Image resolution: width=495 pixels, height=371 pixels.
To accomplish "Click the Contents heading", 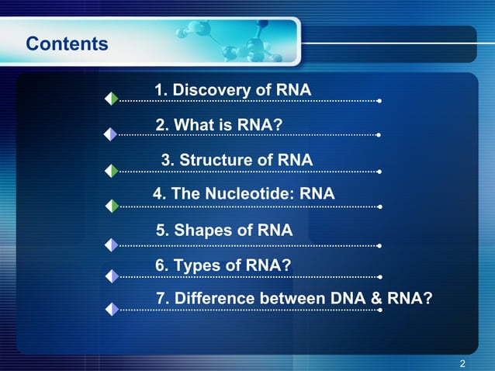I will pos(67,43).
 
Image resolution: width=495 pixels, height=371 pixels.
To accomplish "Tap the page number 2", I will pos(462,363).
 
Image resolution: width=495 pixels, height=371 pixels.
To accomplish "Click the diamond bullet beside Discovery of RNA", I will pos(112,99).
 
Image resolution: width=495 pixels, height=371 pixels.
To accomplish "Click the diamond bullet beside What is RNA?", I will pos(112,133).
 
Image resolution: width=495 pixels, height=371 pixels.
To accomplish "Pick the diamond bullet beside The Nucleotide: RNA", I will pos(112,206).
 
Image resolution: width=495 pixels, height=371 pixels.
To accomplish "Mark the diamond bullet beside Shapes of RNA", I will pos(112,244).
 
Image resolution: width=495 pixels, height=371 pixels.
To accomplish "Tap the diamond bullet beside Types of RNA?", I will pos(112,276).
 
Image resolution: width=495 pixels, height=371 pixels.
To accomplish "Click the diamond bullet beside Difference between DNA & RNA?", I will pos(112,309).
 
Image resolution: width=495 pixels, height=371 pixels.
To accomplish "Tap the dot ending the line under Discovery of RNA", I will pos(379,100).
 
